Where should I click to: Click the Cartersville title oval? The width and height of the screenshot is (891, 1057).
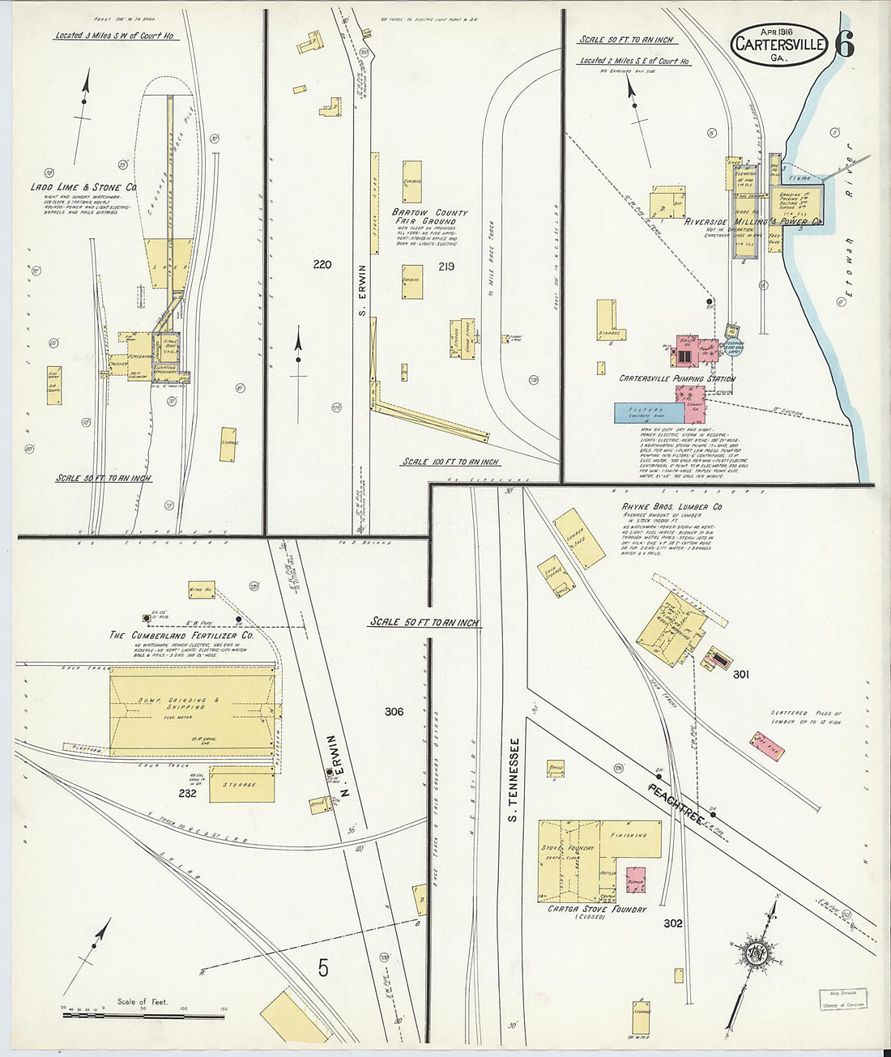click(x=780, y=45)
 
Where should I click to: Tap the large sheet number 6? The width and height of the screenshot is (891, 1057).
click(x=843, y=45)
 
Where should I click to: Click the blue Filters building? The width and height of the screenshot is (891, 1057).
click(x=650, y=412)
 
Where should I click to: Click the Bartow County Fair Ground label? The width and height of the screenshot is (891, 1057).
click(x=429, y=216)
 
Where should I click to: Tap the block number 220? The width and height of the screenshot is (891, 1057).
click(x=322, y=265)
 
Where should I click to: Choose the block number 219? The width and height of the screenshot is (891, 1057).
click(x=445, y=266)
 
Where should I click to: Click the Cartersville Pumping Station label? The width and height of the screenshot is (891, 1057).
click(x=676, y=378)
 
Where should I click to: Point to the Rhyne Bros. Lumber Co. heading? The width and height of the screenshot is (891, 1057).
click(x=672, y=507)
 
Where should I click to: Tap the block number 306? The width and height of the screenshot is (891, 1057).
click(x=394, y=712)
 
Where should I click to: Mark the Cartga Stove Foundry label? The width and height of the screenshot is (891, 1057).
click(x=597, y=910)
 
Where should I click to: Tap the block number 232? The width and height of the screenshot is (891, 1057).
click(x=188, y=794)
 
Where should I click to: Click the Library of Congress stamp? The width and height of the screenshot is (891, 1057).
click(x=842, y=999)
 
